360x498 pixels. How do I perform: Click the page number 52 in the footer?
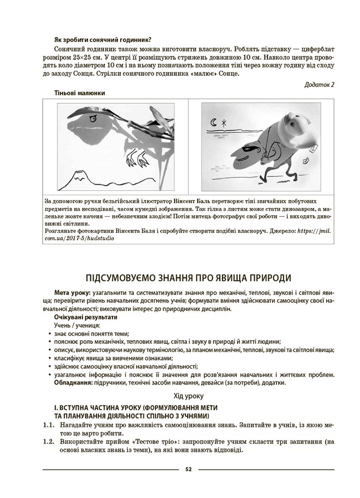[188, 469]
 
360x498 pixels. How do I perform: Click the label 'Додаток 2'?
[320, 85]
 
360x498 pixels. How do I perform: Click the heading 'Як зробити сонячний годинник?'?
[103, 39]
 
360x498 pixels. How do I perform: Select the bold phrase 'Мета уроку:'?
[71, 292]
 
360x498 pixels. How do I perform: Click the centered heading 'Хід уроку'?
[188, 396]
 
